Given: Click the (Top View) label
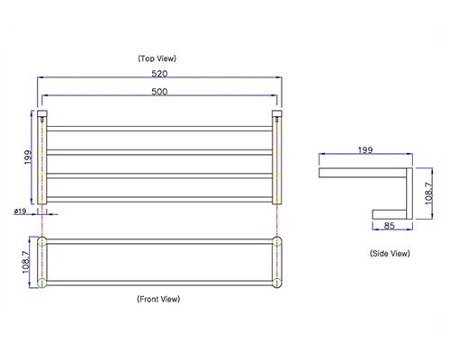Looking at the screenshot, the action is click(157, 58).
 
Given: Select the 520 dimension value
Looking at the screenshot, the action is click(159, 74).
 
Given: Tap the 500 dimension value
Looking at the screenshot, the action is click(159, 92).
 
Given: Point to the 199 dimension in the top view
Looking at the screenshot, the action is click(28, 157).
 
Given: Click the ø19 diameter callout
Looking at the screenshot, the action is click(20, 211).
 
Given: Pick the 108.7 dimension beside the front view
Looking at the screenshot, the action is click(26, 262).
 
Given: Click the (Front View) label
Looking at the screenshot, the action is click(158, 299).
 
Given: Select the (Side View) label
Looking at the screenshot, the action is click(390, 254).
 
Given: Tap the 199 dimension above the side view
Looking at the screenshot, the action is click(365, 150).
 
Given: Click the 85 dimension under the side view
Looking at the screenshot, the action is click(389, 226).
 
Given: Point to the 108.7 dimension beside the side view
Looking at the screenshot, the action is click(429, 193).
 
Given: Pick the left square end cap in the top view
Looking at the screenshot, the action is click(42, 113).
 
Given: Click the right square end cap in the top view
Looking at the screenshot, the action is click(277, 113).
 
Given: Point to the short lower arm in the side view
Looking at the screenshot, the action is click(390, 214).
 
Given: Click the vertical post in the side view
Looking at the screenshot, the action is click(409, 193).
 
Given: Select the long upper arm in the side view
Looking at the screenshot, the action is click(363, 173).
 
